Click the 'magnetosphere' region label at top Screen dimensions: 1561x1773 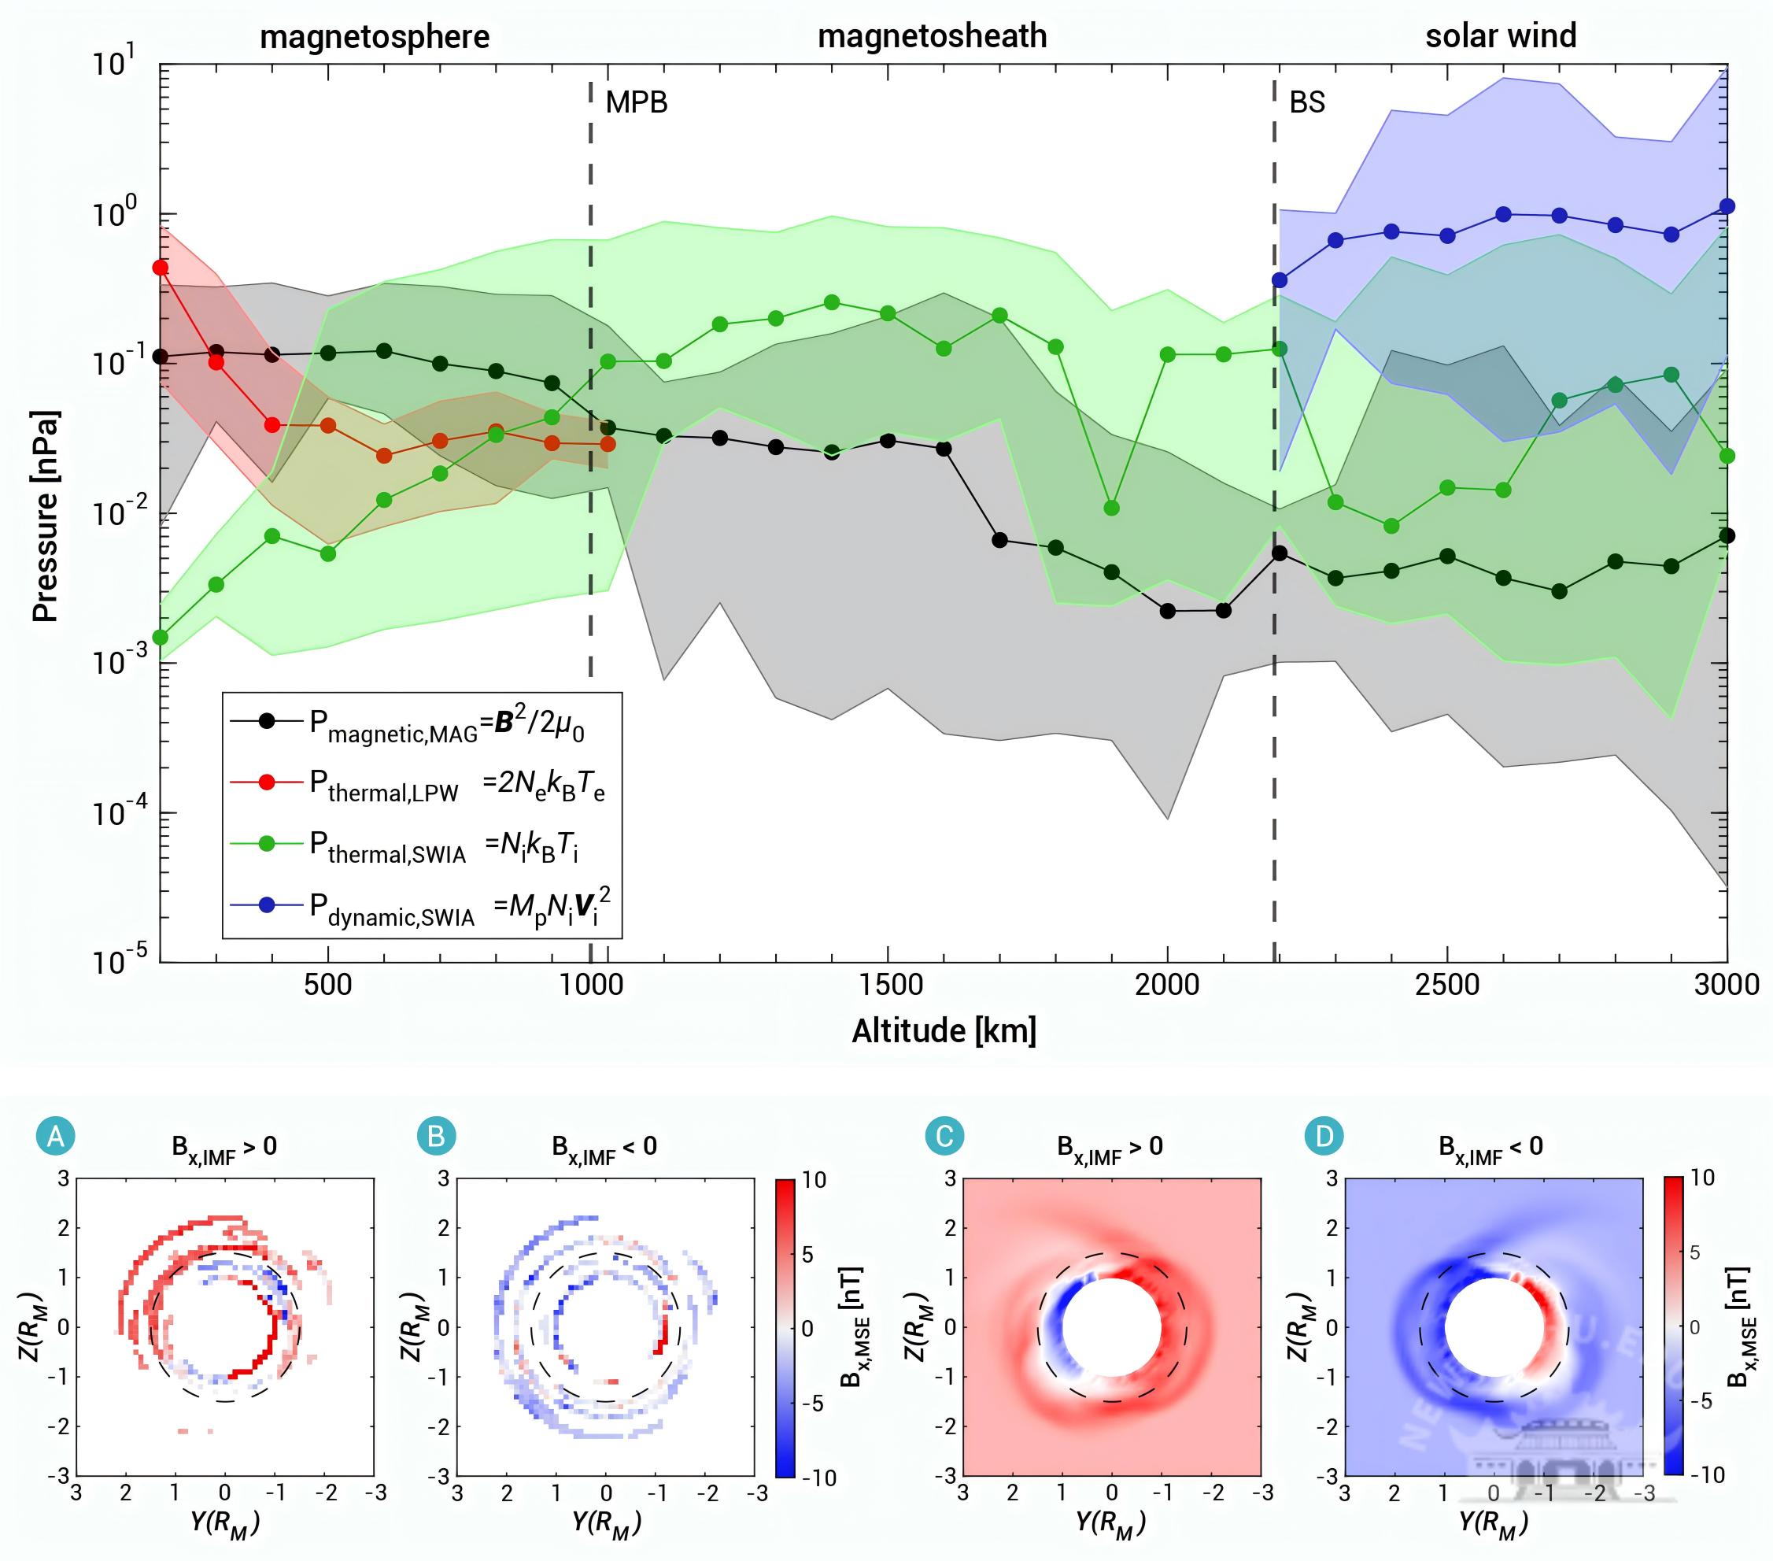pyautogui.click(x=375, y=37)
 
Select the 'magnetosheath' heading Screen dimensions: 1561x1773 pyautogui.click(x=932, y=36)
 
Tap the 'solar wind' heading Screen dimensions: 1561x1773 pyautogui.click(x=1501, y=36)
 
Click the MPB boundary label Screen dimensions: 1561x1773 pyautogui.click(x=637, y=102)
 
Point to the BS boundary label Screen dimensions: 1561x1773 pyautogui.click(x=1307, y=102)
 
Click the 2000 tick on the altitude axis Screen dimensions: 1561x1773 pyautogui.click(x=1167, y=985)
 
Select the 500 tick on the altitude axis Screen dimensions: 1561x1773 pyautogui.click(x=328, y=985)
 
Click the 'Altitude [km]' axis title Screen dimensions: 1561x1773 pyautogui.click(x=944, y=1031)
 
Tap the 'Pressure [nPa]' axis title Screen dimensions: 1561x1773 pyautogui.click(x=45, y=516)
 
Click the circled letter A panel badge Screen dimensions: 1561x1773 pyautogui.click(x=56, y=1137)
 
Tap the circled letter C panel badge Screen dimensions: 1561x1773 pyautogui.click(x=944, y=1137)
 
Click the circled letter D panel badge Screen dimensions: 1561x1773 pyautogui.click(x=1324, y=1137)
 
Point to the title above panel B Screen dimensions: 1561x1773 pyautogui.click(x=604, y=1148)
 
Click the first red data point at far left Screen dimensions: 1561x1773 pyautogui.click(x=161, y=268)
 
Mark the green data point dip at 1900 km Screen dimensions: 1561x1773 pyautogui.click(x=1111, y=508)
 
